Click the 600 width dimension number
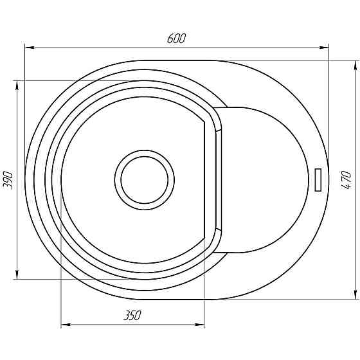[176, 38]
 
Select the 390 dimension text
[8, 180]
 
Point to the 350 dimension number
[132, 316]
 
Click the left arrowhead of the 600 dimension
[29, 46]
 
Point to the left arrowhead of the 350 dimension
[65, 325]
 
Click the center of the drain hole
[145, 180]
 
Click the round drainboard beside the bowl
[264, 180]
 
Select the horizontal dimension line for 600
[103, 46]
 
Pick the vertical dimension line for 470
[354, 129]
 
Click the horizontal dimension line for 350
[96, 325]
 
